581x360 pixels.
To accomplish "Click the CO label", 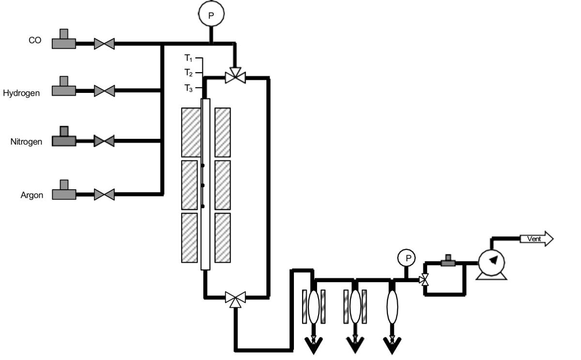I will point(35,41).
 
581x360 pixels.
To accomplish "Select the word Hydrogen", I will point(21,93).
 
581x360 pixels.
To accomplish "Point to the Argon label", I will point(32,195).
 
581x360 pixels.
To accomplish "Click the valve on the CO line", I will point(104,44).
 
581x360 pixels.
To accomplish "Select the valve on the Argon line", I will point(104,195).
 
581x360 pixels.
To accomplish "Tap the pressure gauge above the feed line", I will point(211,15).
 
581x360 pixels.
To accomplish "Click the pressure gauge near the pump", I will point(408,258).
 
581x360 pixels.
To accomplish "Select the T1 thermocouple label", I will point(188,58).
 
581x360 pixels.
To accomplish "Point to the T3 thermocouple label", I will point(188,88).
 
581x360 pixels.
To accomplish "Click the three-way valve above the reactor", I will point(236,76).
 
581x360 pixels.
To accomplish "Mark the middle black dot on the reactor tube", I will point(203,186).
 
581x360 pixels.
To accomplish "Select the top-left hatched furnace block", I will point(191,132).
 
